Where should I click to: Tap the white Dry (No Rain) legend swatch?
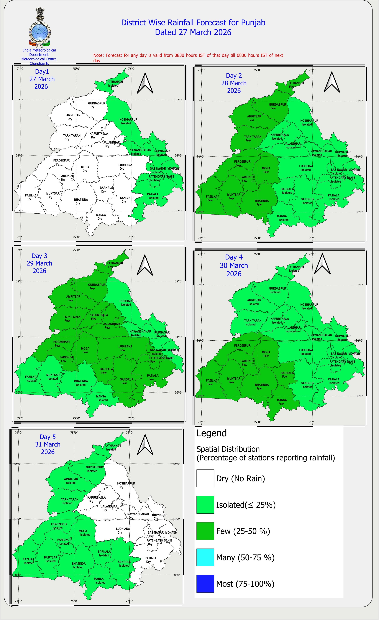[205, 478]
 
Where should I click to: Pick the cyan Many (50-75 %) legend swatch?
[205, 557]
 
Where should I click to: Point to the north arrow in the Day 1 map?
[145, 83]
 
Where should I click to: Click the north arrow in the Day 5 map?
[145, 444]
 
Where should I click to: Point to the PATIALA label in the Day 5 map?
[150, 558]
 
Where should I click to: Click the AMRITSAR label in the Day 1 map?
[73, 115]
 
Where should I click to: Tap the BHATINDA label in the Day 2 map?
[262, 201]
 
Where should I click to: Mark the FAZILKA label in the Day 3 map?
[31, 377]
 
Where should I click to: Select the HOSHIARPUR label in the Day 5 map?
[126, 483]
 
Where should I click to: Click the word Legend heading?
[212, 433]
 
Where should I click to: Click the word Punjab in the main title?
[253, 23]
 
